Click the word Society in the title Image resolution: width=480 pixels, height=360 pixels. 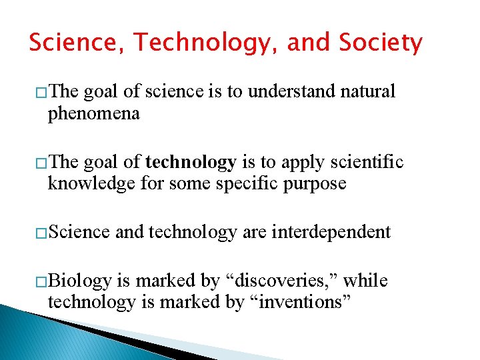pos(380,43)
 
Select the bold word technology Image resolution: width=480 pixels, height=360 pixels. pos(191,162)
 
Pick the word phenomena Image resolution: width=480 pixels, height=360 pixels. pos(93,113)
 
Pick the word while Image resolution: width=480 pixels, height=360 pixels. pos(365,281)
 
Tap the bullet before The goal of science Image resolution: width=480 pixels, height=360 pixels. pos(41,92)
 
